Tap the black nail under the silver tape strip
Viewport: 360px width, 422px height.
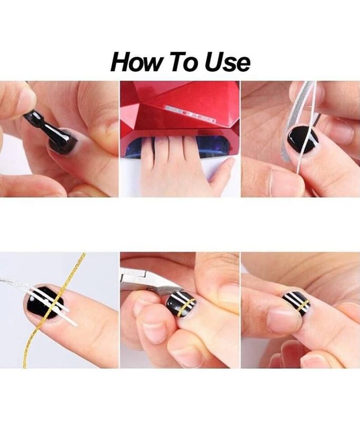coord(303,139)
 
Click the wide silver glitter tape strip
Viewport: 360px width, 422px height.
coord(292,121)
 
